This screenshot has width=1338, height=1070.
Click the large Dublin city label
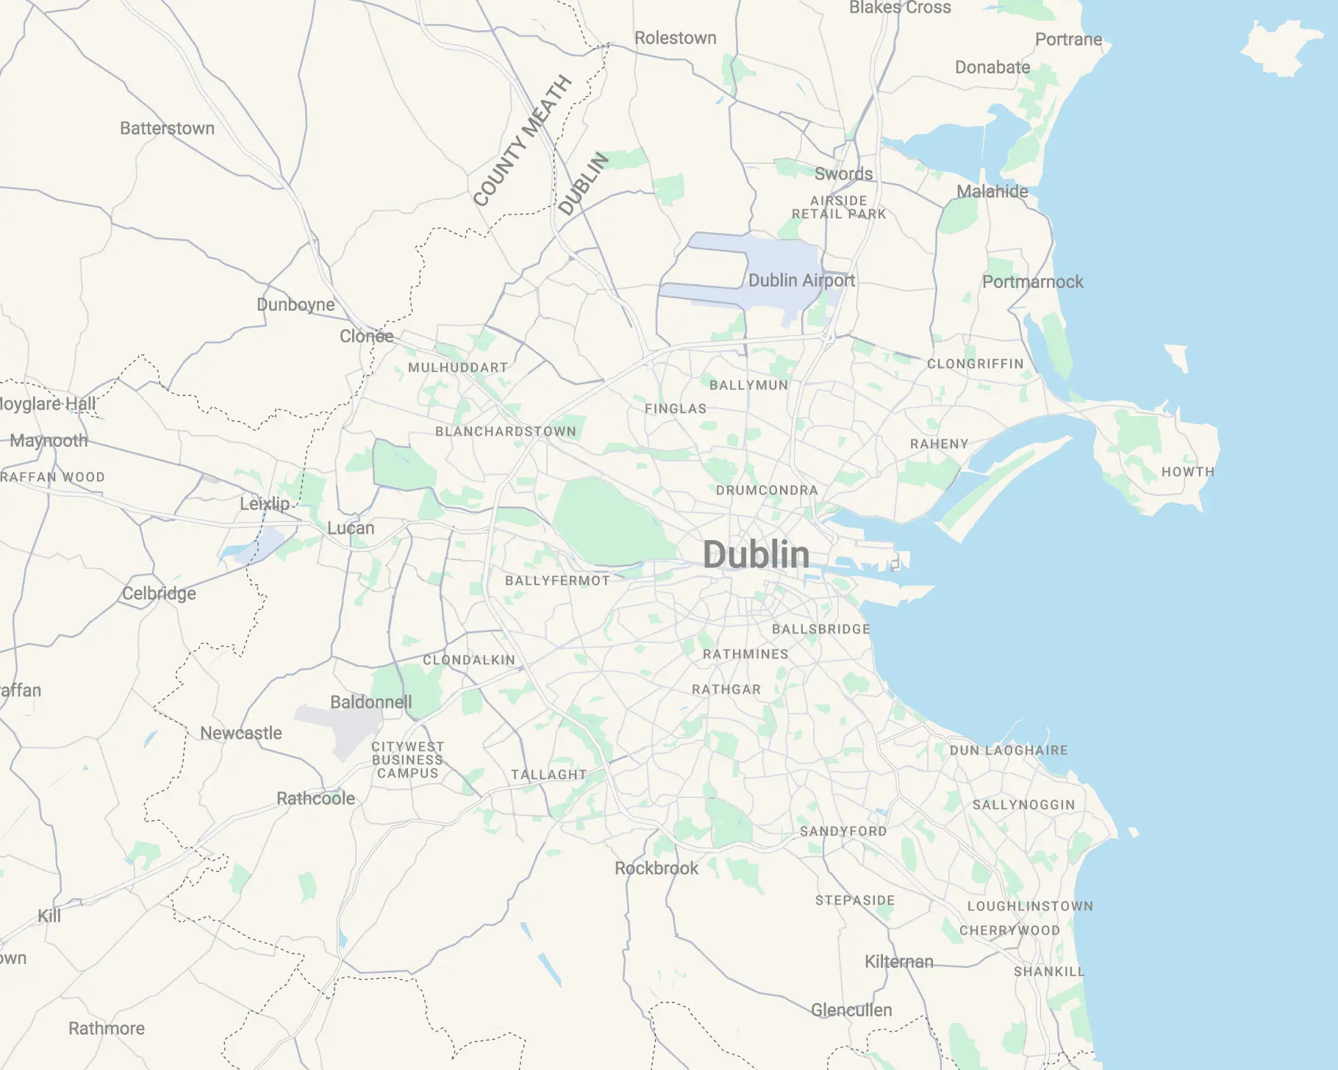tap(756, 555)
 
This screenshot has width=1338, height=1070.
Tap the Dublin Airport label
tap(801, 281)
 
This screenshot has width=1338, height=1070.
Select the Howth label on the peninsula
tap(1187, 472)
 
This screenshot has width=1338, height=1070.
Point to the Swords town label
tap(843, 174)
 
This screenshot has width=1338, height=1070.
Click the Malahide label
tap(992, 192)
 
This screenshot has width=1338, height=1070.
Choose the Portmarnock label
tap(1032, 282)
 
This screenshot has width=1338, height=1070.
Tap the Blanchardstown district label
tap(506, 431)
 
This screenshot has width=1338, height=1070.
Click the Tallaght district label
tap(548, 775)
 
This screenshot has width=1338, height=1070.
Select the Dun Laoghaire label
tap(1009, 750)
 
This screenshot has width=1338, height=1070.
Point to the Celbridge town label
tap(159, 594)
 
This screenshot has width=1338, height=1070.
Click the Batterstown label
tap(167, 129)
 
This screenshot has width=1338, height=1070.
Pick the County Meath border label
tap(522, 141)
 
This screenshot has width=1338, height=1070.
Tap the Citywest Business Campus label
tap(407, 760)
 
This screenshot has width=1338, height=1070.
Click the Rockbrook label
tap(657, 869)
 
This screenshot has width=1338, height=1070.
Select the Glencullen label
tap(851, 1010)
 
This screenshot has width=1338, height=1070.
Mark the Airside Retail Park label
tap(839, 207)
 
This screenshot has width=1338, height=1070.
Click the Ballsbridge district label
tap(820, 629)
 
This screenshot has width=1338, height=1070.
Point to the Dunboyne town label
tap(296, 305)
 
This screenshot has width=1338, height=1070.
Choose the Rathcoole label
tap(315, 799)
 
